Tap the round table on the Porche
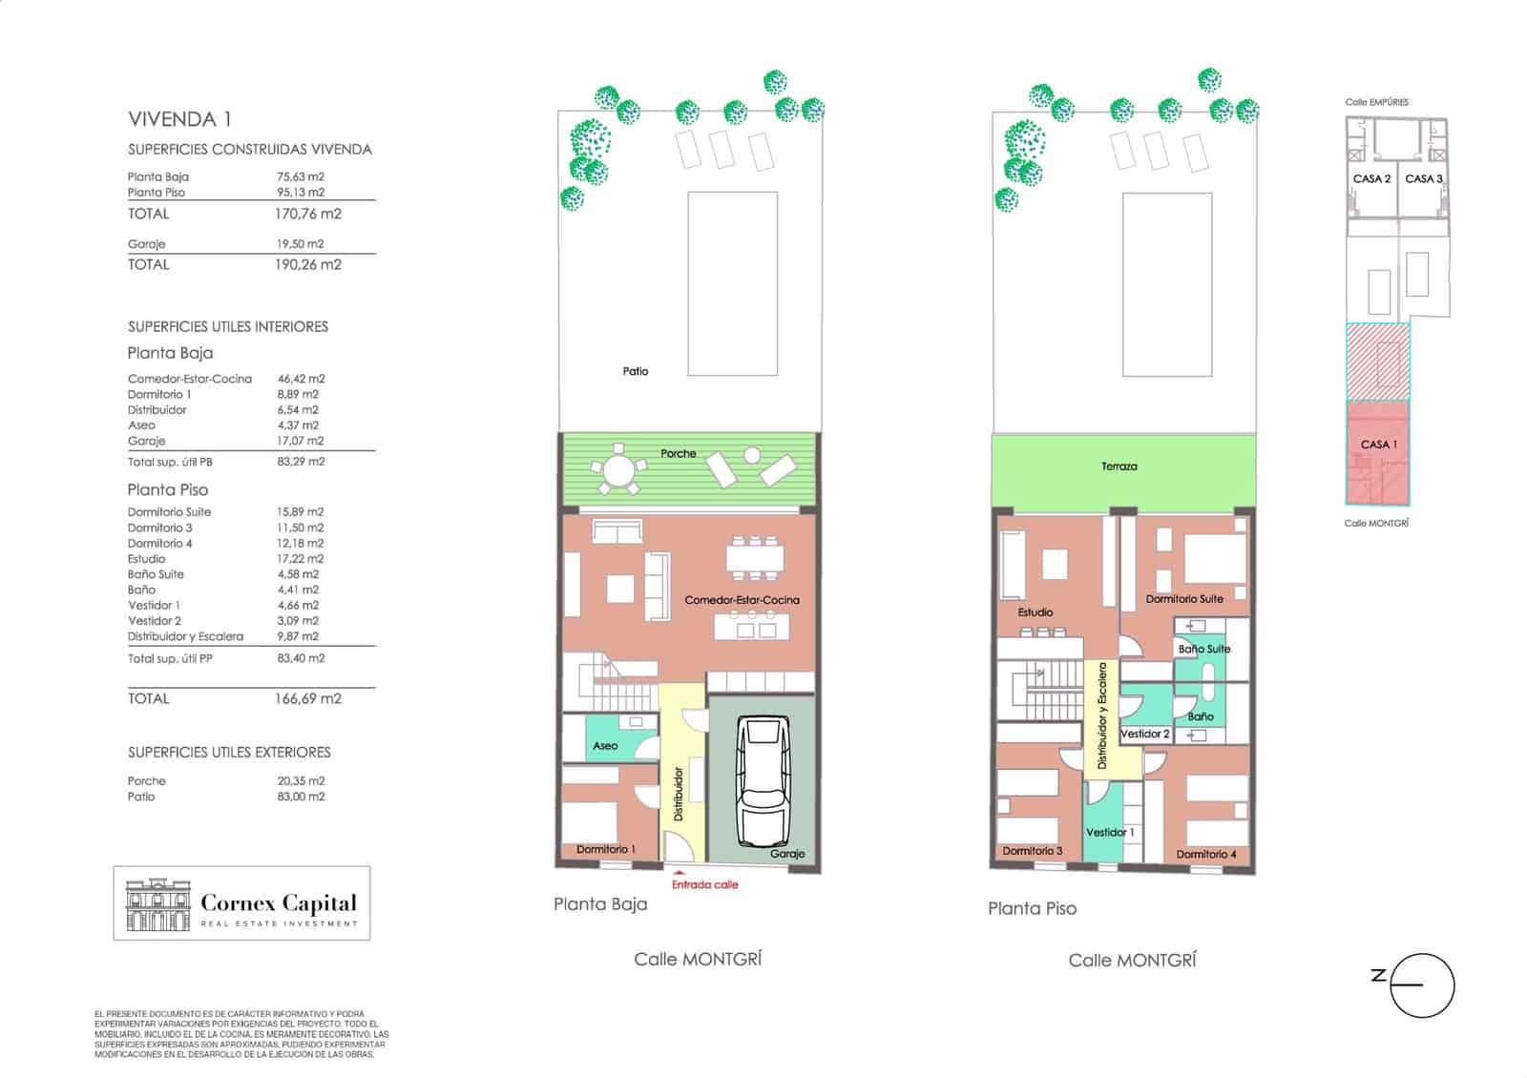pyautogui.click(x=618, y=469)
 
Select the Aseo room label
pyautogui.click(x=605, y=745)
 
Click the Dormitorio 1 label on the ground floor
pyautogui.click(x=606, y=849)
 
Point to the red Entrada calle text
pyautogui.click(x=705, y=884)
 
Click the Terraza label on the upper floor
pyautogui.click(x=1119, y=466)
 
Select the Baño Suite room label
pyautogui.click(x=1203, y=649)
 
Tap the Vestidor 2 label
pyautogui.click(x=1144, y=734)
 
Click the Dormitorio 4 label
pyautogui.click(x=1206, y=854)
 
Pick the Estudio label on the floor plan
pyautogui.click(x=1035, y=612)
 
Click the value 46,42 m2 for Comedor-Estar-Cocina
pyautogui.click(x=301, y=378)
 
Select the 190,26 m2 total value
pyautogui.click(x=307, y=264)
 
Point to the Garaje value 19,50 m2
pyautogui.click(x=300, y=243)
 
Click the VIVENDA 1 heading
pyautogui.click(x=180, y=119)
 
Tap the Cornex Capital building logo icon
pyautogui.click(x=158, y=904)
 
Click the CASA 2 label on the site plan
pyautogui.click(x=1371, y=178)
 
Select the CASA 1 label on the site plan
pyautogui.click(x=1378, y=445)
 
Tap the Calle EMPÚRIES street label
pyautogui.click(x=1376, y=102)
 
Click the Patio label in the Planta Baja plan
pyautogui.click(x=636, y=371)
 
